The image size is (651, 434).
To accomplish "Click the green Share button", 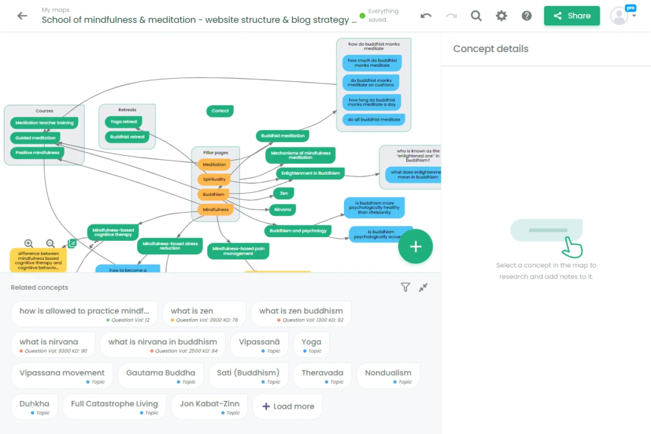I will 572,16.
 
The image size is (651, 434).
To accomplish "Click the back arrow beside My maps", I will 22,16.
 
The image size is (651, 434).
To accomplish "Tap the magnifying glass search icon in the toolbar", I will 476,16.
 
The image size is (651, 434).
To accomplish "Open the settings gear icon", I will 502,16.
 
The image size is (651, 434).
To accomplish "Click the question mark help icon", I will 526,16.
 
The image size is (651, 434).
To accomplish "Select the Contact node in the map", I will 220,111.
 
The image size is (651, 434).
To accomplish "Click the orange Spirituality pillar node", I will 214,179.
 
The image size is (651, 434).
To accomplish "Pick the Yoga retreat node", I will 123,121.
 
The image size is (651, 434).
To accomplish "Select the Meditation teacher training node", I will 45,123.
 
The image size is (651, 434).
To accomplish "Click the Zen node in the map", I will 284,193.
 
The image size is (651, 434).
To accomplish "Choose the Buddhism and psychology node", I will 298,231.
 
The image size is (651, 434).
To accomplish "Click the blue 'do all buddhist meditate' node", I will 373,119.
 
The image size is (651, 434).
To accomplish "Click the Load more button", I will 287,407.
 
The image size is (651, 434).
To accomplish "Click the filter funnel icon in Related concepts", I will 405,287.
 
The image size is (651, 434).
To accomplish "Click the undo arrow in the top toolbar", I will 426,16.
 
